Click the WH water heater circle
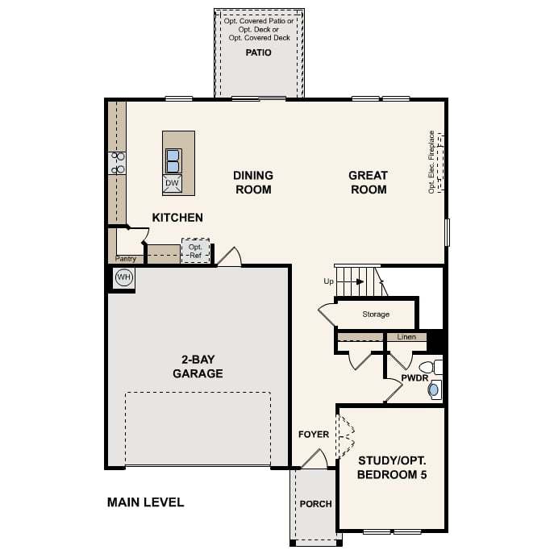tap(123, 277)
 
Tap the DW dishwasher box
tap(172, 183)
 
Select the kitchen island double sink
tap(173, 160)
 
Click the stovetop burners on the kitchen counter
tap(117, 163)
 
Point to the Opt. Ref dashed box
tap(196, 251)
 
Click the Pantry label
tap(126, 259)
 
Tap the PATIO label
tap(259, 52)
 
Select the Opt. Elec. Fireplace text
tap(431, 162)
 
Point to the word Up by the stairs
tap(328, 281)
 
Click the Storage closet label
tap(376, 314)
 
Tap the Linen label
tap(406, 337)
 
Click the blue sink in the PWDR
tap(433, 390)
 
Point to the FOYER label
tap(314, 434)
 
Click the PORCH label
tap(316, 504)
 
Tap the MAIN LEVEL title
tap(146, 502)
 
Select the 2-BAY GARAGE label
tap(198, 366)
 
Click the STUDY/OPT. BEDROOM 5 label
tap(392, 468)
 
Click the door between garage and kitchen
tap(230, 257)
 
